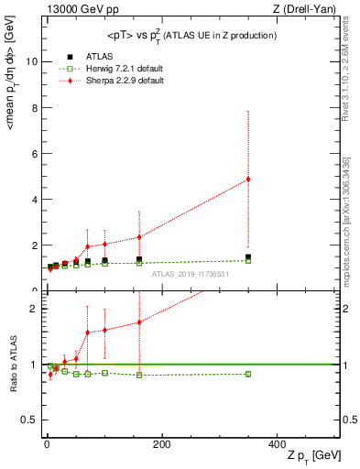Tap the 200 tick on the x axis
(x=161, y=444)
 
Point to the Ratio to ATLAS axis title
(x=13, y=364)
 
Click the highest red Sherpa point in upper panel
(x=248, y=179)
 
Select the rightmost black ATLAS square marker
(x=248, y=257)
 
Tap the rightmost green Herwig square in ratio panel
(x=248, y=374)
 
